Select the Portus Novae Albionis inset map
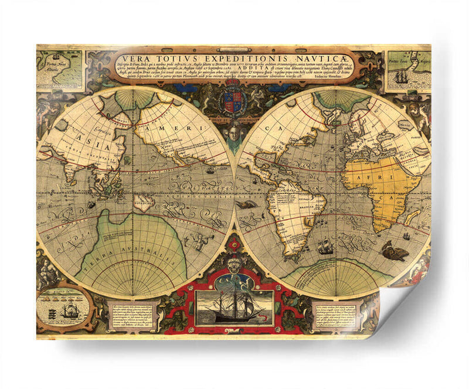(x=59, y=68)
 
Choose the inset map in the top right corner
(x=408, y=68)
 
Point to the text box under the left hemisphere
(x=130, y=316)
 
